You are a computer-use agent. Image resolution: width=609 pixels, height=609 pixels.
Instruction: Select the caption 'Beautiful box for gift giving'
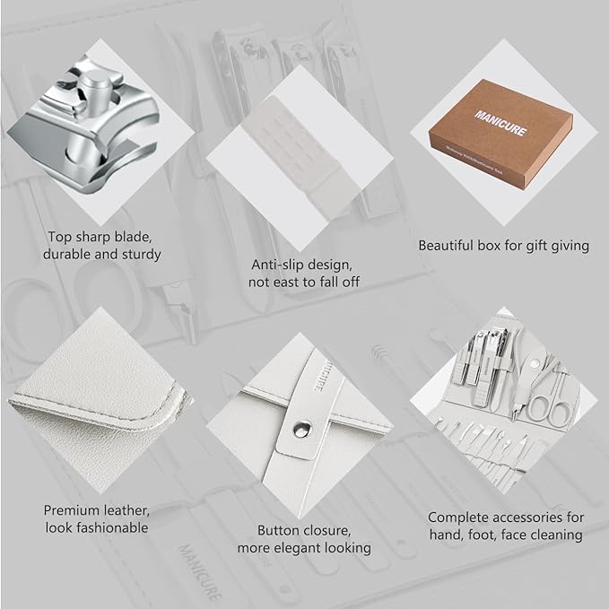click(504, 245)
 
